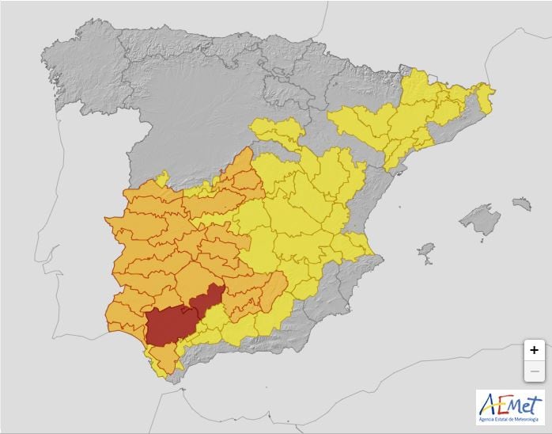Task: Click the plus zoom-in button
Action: (535, 349)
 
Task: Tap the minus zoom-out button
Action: (535, 371)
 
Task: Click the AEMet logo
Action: (510, 407)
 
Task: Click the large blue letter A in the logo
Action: (487, 405)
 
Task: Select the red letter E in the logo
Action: (501, 405)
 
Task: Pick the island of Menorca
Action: (521, 204)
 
